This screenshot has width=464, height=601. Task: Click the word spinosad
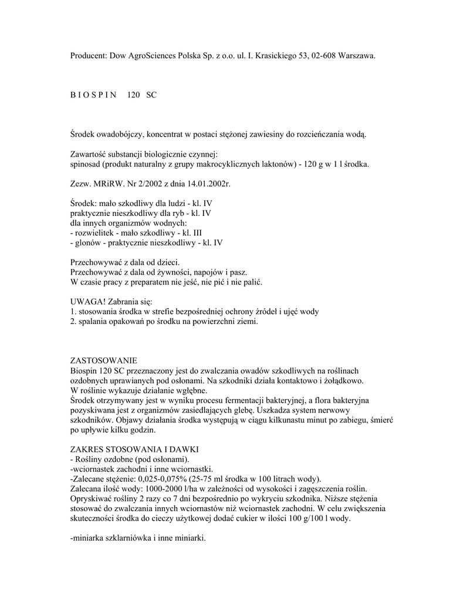(x=86, y=164)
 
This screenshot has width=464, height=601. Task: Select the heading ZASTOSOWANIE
(x=103, y=360)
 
